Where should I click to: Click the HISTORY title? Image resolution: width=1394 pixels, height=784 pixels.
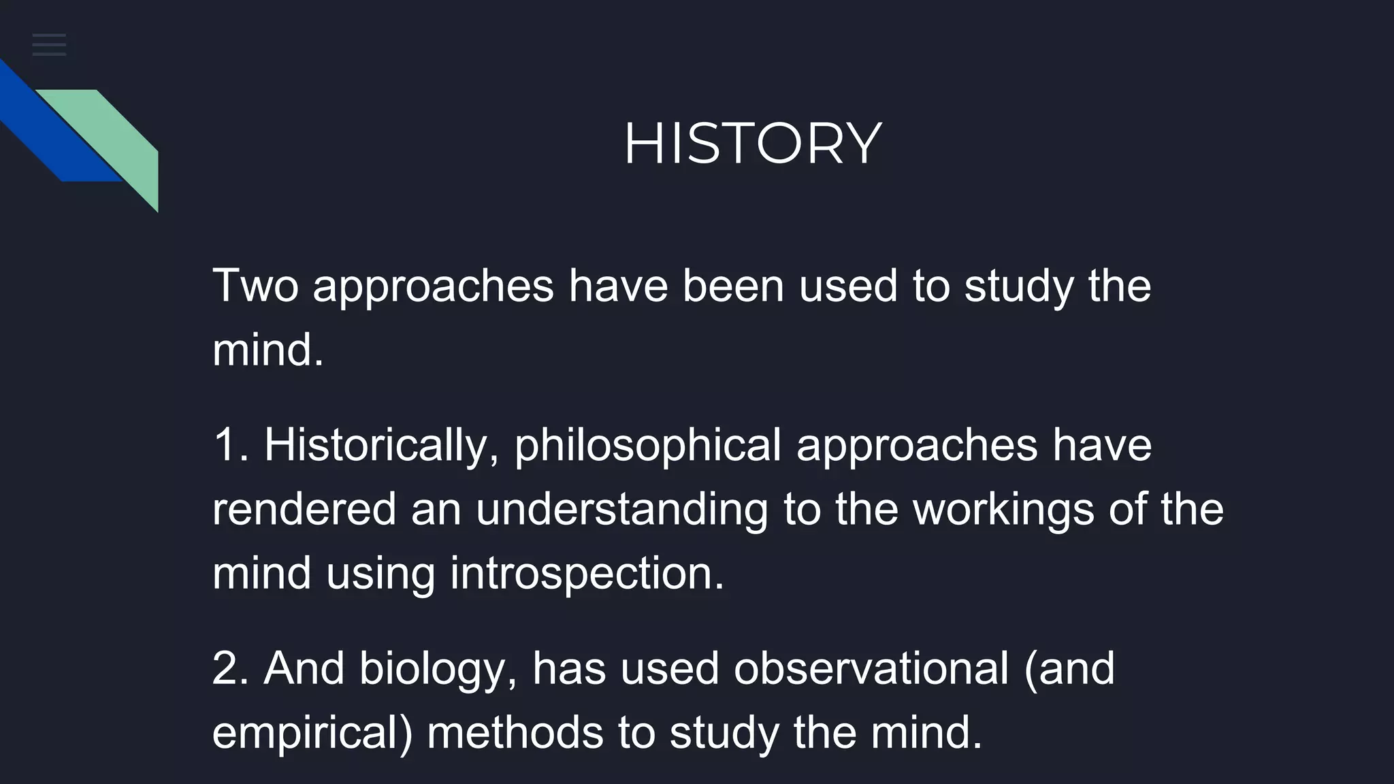(x=752, y=144)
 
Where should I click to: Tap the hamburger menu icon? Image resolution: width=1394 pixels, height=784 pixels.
(x=49, y=45)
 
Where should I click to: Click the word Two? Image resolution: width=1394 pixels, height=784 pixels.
(x=255, y=286)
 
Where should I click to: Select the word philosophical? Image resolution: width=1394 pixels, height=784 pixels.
(x=647, y=446)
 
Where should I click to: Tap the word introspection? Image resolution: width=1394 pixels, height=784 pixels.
(x=587, y=573)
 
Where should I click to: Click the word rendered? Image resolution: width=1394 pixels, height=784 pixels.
(x=304, y=509)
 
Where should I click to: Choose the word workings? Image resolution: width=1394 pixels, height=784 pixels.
(x=1003, y=509)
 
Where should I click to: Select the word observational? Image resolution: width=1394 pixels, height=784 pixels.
(x=871, y=668)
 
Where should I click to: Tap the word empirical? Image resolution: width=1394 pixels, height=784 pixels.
(x=312, y=733)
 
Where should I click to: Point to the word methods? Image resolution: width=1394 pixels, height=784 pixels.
(x=515, y=733)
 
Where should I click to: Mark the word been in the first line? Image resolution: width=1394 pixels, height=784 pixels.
(x=732, y=286)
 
